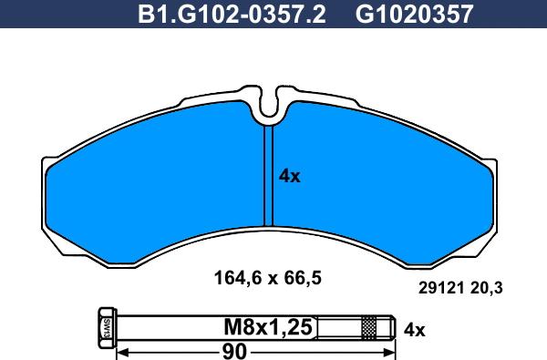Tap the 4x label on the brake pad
tap(289, 177)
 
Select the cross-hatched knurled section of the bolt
tap(368, 325)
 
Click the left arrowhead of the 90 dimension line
tap(124, 351)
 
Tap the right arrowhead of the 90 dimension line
tap(389, 351)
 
